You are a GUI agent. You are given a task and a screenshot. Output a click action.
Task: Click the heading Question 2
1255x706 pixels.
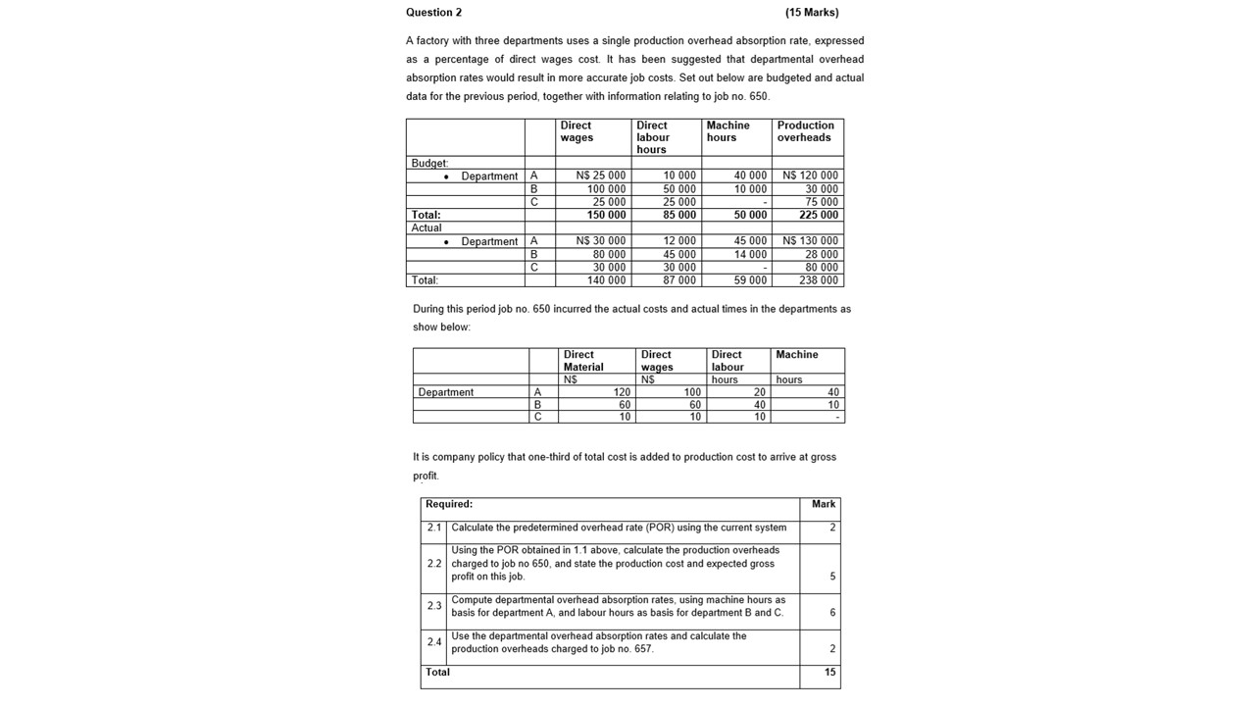433,13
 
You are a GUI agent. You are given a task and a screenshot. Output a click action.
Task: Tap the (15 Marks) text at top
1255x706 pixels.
812,13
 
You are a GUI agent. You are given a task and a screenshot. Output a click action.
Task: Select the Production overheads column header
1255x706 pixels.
805,131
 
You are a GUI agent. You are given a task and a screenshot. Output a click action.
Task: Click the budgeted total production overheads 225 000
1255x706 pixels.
819,215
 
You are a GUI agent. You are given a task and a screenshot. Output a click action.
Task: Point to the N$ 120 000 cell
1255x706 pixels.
811,176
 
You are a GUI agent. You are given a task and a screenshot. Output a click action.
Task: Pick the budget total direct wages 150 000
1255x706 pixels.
607,215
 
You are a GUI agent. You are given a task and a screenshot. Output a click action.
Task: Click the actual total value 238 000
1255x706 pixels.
819,280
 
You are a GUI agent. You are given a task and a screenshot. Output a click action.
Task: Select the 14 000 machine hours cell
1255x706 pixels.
751,254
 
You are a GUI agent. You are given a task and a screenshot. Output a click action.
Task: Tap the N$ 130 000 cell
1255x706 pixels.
811,241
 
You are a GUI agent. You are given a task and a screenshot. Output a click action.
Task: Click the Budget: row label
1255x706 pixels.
429,163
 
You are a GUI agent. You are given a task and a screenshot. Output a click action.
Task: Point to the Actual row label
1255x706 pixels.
427,227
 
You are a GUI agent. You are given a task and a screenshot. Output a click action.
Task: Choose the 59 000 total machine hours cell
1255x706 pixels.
751,280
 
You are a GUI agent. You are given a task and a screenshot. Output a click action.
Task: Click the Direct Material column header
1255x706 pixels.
583,361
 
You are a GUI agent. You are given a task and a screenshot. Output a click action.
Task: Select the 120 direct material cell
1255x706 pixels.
622,392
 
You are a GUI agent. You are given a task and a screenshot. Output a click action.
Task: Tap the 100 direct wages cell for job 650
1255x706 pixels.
692,392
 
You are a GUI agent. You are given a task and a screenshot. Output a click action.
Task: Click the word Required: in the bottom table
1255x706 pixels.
449,504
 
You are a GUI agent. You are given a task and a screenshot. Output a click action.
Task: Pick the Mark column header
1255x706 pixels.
824,504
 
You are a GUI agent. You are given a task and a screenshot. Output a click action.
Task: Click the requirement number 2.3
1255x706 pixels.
434,606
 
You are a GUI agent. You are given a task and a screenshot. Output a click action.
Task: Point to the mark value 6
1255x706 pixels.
832,613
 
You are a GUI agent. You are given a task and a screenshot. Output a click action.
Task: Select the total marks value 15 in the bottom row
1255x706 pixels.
829,673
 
